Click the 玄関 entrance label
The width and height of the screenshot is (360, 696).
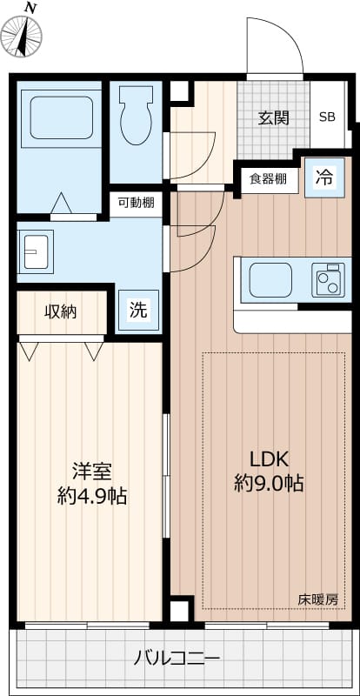pos(273,118)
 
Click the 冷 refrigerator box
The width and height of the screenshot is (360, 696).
pos(323,178)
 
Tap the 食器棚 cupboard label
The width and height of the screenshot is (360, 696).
pos(268,179)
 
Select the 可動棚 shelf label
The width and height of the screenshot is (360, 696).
pos(137,204)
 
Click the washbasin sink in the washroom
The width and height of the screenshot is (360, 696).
pos(37,251)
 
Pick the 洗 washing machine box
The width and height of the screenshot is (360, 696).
pos(138,309)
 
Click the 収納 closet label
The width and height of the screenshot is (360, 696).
pos(61,311)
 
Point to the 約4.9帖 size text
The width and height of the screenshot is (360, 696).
pos(91,497)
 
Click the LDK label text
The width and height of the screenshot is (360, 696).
pos(269,458)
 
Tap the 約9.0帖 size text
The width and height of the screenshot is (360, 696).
pos(269,484)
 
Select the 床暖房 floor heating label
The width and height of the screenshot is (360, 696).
pos(317,599)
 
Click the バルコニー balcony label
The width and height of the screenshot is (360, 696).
pos(177,658)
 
